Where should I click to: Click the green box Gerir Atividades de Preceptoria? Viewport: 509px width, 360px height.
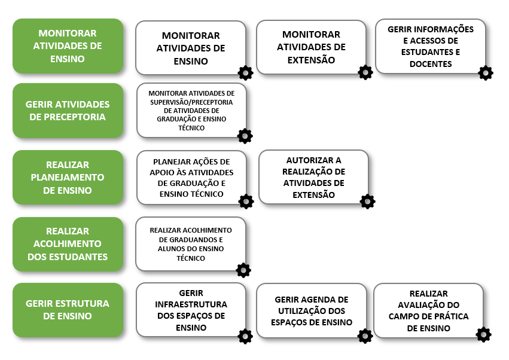pos(68,111)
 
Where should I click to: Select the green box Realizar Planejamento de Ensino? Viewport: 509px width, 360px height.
pos(68,178)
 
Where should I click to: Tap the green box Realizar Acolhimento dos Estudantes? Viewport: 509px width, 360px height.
pos(68,244)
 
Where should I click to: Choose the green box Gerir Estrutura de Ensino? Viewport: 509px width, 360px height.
pos(68,310)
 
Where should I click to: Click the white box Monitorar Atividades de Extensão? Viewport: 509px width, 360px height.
pos(311,47)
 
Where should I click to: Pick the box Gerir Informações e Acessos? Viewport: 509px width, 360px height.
pos(430,47)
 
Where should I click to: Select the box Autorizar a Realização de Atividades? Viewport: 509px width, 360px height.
pos(313,177)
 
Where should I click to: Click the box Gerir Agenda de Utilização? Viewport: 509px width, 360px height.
pos(311,310)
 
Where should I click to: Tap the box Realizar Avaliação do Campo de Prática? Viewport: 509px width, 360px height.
pos(428,310)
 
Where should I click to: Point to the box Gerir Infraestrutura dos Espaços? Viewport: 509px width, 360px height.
pos(191,310)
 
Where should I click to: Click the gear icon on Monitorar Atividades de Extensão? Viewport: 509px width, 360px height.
pos(365,72)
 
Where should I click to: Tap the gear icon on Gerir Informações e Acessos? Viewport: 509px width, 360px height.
pos(486,73)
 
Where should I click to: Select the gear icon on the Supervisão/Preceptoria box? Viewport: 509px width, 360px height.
pos(245,136)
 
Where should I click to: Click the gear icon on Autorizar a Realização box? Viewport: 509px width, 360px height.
pos(368,202)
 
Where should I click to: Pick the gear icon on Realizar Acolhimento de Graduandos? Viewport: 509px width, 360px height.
pos(243,270)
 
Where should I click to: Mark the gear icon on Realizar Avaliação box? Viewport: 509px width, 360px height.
pos(483,335)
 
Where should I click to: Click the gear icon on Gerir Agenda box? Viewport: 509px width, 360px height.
pos(365,336)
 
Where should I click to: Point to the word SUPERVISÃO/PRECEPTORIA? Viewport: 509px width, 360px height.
pos(191,102)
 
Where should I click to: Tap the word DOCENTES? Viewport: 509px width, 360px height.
pos(431,64)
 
